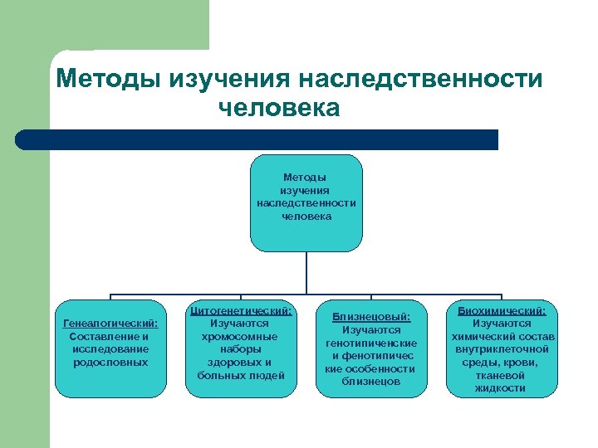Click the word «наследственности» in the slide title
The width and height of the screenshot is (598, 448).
click(x=422, y=80)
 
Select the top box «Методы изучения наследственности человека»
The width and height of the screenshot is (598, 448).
click(x=306, y=202)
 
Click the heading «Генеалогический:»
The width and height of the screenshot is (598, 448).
click(x=110, y=324)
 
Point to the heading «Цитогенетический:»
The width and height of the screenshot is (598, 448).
click(x=241, y=310)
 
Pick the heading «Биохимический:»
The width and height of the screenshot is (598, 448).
click(x=501, y=310)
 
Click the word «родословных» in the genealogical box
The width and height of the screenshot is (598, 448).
click(x=110, y=362)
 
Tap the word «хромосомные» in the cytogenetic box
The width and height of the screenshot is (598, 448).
click(x=241, y=336)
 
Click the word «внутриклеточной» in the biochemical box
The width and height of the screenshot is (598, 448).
click(x=501, y=349)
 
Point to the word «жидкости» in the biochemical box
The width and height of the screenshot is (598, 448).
click(x=501, y=388)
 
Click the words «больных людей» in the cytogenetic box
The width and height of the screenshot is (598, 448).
click(x=241, y=375)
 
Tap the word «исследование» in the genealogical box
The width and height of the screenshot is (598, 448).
click(x=110, y=349)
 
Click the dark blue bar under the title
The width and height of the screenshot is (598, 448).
click(x=257, y=139)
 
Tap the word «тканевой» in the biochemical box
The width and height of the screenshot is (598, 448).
click(x=501, y=375)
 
